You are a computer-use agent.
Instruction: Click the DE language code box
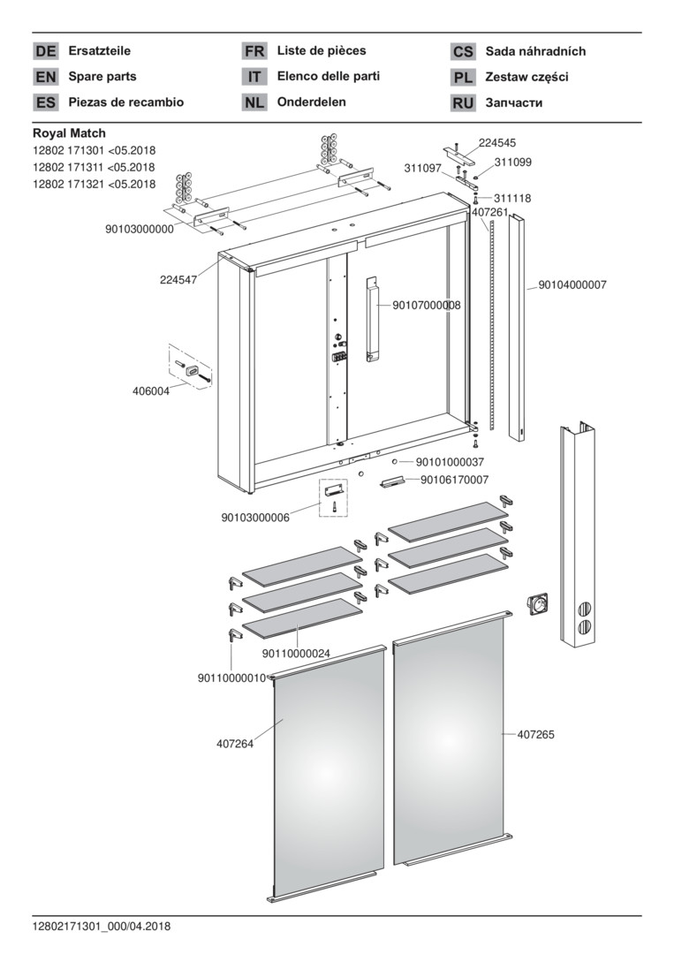pyautogui.click(x=46, y=51)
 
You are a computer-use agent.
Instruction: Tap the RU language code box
pyautogui.click(x=463, y=102)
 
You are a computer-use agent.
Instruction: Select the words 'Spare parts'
pyautogui.click(x=102, y=77)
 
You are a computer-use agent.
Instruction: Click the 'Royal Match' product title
pyautogui.click(x=70, y=133)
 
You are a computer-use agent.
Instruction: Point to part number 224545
pyautogui.click(x=497, y=143)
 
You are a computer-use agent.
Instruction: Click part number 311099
pyautogui.click(x=512, y=163)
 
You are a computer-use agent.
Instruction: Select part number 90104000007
pyautogui.click(x=572, y=284)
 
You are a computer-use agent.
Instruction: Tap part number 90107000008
pyautogui.click(x=427, y=306)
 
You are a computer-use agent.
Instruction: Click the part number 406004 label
pyautogui.click(x=151, y=391)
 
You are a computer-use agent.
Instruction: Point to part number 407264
pyautogui.click(x=235, y=744)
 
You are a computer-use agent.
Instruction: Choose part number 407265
pyautogui.click(x=536, y=734)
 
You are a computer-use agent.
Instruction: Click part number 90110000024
pyautogui.click(x=296, y=654)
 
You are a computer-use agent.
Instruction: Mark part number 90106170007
pyautogui.click(x=454, y=480)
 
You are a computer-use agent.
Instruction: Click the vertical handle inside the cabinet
pyautogui.click(x=372, y=320)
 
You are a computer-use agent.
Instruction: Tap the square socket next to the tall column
pyautogui.click(x=537, y=603)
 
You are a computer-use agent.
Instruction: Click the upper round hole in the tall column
pyautogui.click(x=583, y=609)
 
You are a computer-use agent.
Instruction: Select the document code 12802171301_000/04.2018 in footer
pyautogui.click(x=102, y=927)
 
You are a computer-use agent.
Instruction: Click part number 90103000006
pyautogui.click(x=255, y=518)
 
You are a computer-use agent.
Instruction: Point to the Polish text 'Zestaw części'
pyautogui.click(x=526, y=77)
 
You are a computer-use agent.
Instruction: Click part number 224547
pyautogui.click(x=178, y=280)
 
